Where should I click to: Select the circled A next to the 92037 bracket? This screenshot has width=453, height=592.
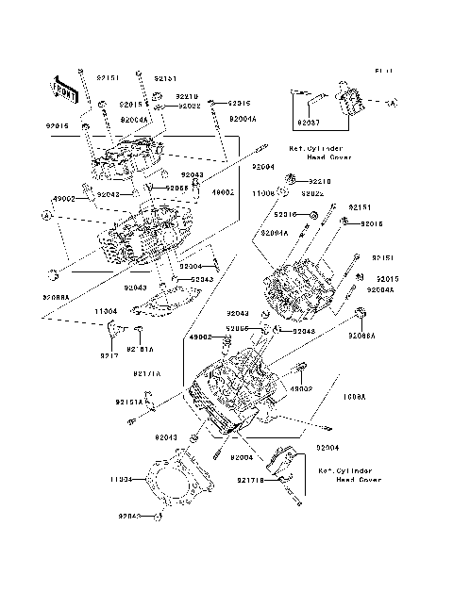(392, 102)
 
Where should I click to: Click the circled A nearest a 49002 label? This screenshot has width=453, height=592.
(43, 216)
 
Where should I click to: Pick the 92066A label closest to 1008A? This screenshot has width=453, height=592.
(361, 336)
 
